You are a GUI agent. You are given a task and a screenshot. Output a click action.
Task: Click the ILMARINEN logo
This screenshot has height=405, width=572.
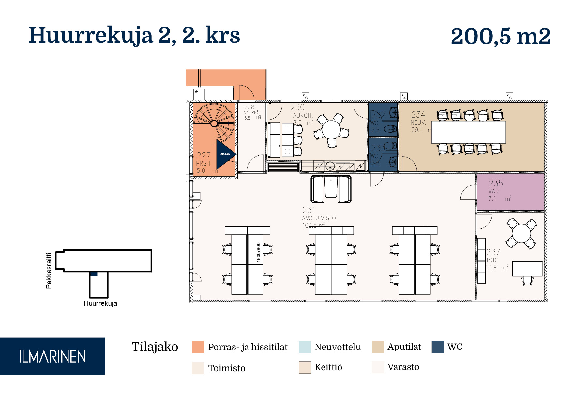pos(52,356)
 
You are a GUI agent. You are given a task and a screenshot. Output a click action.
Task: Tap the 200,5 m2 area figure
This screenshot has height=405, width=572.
pos(501,36)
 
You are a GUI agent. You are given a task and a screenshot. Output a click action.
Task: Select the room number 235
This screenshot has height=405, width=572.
pos(496,183)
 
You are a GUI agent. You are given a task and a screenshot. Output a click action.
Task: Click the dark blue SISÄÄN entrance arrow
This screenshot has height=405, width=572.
pos(225,154)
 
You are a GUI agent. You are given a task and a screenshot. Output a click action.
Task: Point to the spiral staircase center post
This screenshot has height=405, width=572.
pos(214,123)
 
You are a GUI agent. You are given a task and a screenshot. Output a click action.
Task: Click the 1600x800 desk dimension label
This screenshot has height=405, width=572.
pos(258,252)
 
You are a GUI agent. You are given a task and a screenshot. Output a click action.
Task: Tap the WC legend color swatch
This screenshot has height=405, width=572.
pos(438,347)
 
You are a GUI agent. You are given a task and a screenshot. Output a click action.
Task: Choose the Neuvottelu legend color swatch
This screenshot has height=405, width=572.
pos(305,347)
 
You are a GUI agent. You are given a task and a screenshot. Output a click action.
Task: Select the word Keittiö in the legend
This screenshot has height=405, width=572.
pos(328,367)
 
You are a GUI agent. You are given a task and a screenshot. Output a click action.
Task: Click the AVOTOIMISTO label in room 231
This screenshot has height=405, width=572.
pos(319,218)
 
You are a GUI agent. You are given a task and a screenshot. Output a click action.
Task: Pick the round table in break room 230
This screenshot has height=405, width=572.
pos(331,130)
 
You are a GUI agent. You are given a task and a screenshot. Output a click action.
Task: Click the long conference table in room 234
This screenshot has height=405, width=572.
pos(468,132)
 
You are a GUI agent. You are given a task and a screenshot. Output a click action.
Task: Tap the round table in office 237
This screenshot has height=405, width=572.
pos(521,233)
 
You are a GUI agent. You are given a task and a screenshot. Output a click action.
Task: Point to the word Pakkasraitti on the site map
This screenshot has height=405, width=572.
pos(49,271)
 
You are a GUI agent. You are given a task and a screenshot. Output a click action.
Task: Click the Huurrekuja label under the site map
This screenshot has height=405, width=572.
pos(100,303)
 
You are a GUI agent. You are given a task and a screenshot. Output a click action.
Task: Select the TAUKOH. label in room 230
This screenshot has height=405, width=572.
pos(301,115)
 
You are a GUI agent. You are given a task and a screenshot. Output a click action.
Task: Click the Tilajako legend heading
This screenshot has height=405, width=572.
pos(155,347)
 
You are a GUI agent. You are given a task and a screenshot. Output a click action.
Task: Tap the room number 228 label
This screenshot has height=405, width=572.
pos(249,107)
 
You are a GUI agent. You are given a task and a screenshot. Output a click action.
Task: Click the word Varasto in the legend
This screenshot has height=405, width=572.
pos(403,367)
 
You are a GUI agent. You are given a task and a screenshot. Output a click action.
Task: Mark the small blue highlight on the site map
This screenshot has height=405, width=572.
pos(94,274)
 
